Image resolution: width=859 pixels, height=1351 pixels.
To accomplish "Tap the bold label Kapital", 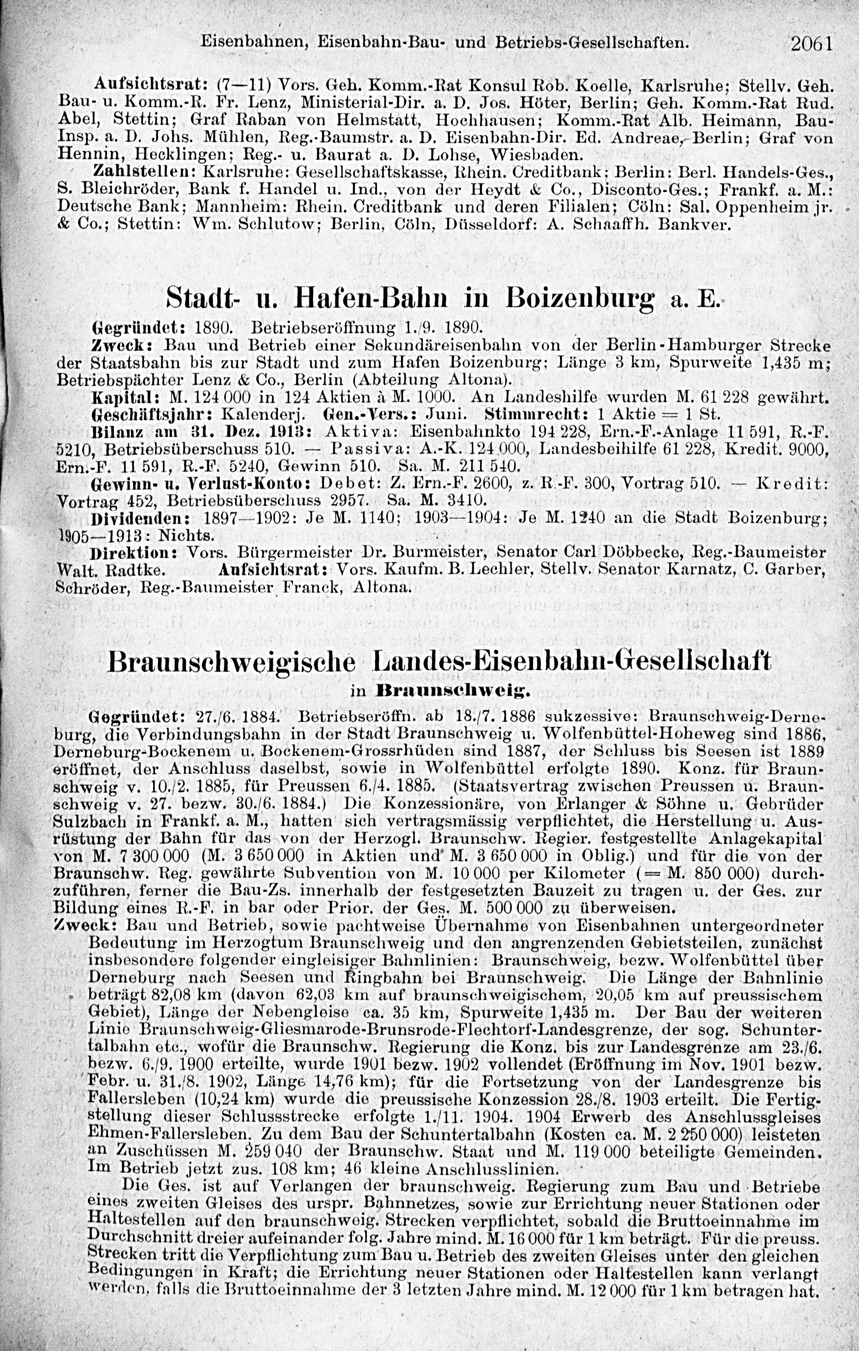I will pyautogui.click(x=126, y=397).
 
